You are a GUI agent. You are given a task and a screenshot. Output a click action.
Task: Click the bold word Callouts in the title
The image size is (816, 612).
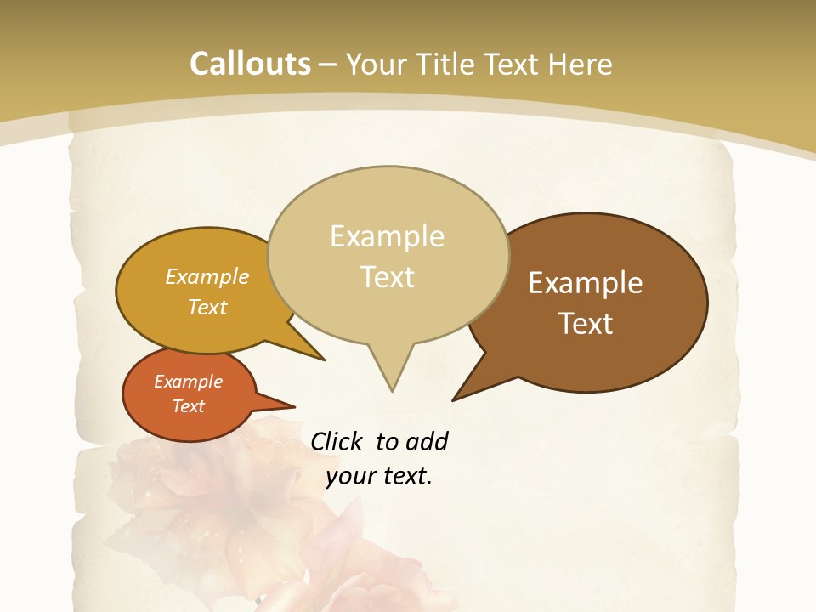[x=250, y=65]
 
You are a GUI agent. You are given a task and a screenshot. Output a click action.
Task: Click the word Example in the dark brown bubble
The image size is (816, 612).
[x=586, y=283]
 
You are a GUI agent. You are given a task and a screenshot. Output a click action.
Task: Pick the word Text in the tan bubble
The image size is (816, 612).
[x=388, y=277]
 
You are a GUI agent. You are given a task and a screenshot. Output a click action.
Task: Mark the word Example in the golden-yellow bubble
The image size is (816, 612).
[x=207, y=276]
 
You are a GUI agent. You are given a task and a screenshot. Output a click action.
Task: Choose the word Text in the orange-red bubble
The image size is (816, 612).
[x=189, y=406]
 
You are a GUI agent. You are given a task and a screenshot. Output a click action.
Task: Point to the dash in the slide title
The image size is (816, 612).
[x=328, y=65]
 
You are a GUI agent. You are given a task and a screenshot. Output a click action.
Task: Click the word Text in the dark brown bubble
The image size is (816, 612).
[x=586, y=324]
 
